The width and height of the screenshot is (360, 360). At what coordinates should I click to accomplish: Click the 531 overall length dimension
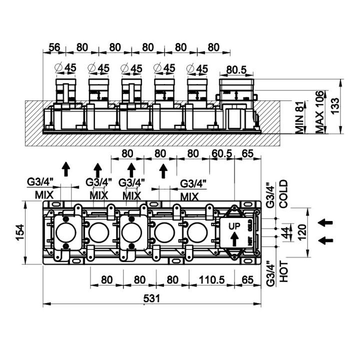pyautogui.click(x=151, y=298)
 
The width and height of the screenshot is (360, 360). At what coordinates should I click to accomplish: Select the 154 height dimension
pyautogui.click(x=20, y=232)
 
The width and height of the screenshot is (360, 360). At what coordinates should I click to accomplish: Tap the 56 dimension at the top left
pyautogui.click(x=54, y=47)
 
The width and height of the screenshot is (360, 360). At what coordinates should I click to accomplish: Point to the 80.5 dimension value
pyautogui.click(x=236, y=70)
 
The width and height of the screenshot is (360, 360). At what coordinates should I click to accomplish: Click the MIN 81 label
pyautogui.click(x=299, y=117)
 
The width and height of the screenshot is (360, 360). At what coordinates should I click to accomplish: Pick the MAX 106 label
pyautogui.click(x=319, y=112)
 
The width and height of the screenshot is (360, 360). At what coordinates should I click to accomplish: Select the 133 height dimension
pyautogui.click(x=334, y=105)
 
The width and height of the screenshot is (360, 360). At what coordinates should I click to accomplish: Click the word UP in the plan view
pyautogui.click(x=234, y=226)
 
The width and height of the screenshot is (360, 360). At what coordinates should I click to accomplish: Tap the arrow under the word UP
pyautogui.click(x=234, y=239)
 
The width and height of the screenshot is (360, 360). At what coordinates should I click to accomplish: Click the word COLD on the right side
pyautogui.click(x=283, y=194)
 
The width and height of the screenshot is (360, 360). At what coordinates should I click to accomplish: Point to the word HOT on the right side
pyautogui.click(x=283, y=271)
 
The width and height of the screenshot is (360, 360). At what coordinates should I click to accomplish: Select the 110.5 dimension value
pyautogui.click(x=211, y=280)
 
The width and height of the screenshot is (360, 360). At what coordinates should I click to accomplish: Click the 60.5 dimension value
pyautogui.click(x=222, y=153)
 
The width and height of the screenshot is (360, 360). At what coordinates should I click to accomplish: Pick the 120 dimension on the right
pyautogui.click(x=302, y=232)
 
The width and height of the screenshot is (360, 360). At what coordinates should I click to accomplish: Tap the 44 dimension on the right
pyautogui.click(x=285, y=232)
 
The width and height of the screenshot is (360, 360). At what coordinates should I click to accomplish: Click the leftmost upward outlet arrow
pyautogui.click(x=66, y=169)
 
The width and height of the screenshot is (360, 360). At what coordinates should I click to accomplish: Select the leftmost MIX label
pyautogui.click(x=44, y=195)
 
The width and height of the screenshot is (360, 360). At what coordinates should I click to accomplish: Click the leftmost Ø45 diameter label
pyautogui.click(x=65, y=67)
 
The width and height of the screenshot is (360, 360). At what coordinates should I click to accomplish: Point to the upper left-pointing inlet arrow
pyautogui.click(x=325, y=222)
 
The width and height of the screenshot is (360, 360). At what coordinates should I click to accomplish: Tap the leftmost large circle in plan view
pyautogui.click(x=66, y=232)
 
